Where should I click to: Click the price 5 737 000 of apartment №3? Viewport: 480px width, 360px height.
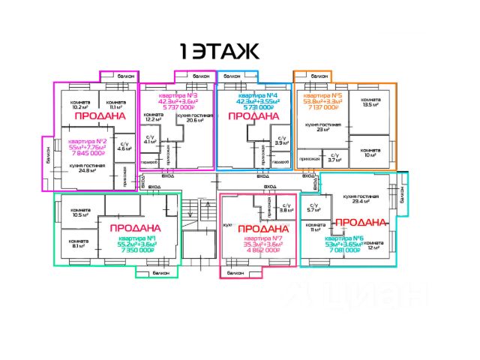178,109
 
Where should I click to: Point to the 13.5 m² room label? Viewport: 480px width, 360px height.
369,103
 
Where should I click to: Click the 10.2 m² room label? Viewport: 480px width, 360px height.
80,105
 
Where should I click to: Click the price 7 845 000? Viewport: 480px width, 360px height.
87,152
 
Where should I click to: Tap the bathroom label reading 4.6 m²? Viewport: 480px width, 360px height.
124,146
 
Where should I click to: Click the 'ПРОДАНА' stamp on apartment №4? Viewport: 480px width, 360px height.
247,116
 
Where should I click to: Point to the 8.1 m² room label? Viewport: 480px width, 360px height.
79,243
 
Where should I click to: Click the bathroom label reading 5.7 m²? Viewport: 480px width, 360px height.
313,209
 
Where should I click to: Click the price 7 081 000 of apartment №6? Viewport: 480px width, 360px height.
346,250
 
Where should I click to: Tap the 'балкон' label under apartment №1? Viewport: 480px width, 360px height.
160,273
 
